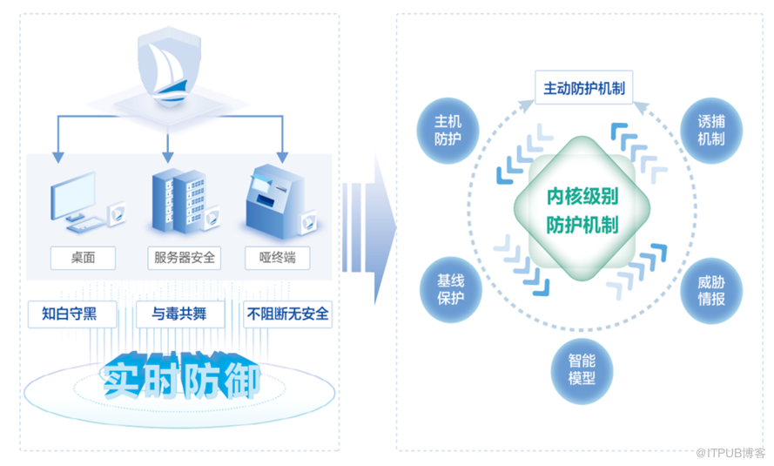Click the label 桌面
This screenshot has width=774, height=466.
[84, 258]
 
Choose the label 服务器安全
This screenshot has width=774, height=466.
[184, 258]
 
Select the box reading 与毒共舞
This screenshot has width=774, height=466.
[180, 314]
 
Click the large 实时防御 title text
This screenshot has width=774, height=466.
[181, 377]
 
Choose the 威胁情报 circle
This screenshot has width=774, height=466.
[710, 290]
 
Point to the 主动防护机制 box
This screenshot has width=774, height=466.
[583, 89]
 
